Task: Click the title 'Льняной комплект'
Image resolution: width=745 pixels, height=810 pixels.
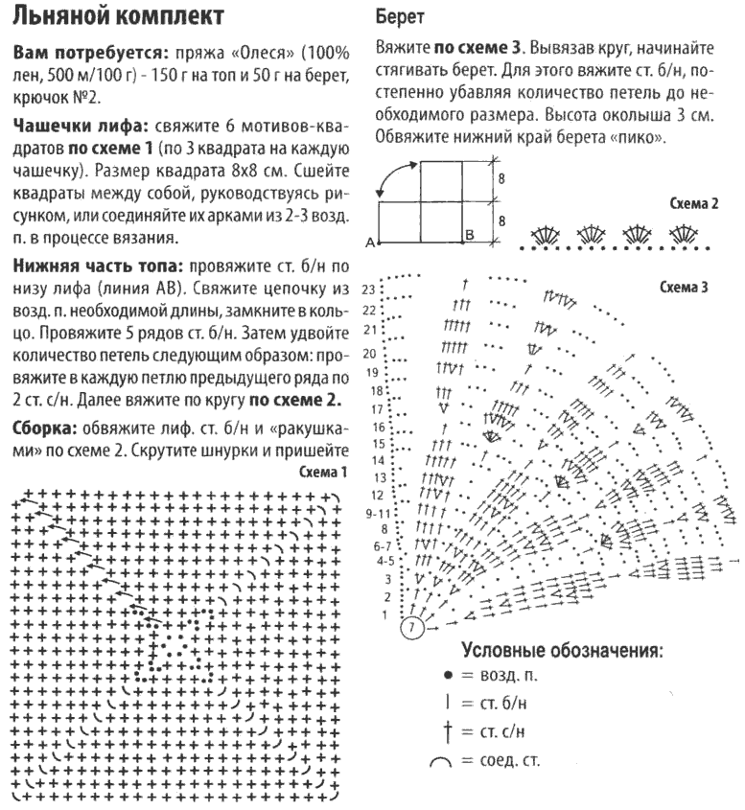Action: [x=120, y=16]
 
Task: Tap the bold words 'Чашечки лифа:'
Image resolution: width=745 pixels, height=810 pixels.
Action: [x=68, y=127]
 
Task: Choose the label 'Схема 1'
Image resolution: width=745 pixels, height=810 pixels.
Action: [x=323, y=473]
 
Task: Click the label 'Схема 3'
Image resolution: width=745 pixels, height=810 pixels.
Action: [x=685, y=286]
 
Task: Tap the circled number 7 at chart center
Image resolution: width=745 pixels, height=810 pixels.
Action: [x=411, y=629]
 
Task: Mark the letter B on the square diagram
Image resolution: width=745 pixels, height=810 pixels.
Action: [x=469, y=235]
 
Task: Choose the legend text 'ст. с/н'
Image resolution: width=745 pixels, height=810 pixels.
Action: [x=501, y=733]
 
